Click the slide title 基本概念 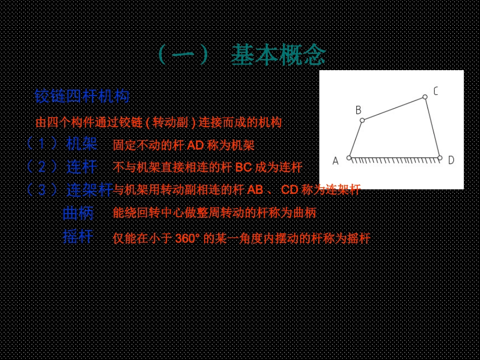point(278,55)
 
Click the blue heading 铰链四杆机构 point(82,96)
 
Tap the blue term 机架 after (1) point(81,144)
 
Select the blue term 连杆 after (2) point(81,166)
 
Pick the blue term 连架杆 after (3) point(89,190)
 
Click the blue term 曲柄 point(78,213)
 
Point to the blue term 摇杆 point(78,236)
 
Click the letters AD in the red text point(195,146)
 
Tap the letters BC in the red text point(244,168)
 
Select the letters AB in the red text point(255,190)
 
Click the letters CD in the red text point(290,190)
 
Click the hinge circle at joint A point(349,158)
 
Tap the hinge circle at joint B point(362,120)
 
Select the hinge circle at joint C point(425,96)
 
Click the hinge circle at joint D point(440,158)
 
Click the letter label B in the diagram point(358,110)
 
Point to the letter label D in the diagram point(451,161)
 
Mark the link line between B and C point(394,109)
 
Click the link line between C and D point(433,127)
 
